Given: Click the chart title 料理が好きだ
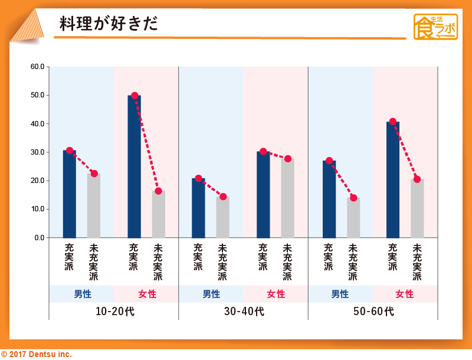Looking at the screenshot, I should point(109,24).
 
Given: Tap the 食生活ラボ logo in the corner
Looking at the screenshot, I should point(435,27).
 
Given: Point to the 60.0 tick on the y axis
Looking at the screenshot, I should point(38,67).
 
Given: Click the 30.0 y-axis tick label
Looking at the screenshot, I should point(38,152).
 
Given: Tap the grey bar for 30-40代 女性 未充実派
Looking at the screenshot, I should point(287,198).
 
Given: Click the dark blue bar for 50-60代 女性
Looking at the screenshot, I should point(393,179).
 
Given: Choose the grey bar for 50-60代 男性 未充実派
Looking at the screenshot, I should point(353,217).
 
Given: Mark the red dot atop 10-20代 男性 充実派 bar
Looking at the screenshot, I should point(70,150).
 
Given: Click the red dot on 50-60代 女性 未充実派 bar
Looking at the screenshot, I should point(417,179).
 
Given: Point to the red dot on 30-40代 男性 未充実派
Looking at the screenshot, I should point(223,197).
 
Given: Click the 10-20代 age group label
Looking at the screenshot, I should point(114,311).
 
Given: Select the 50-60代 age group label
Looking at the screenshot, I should point(373,311).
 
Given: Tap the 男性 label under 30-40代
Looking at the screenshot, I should point(211,294).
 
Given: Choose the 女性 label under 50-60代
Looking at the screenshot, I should point(405,294).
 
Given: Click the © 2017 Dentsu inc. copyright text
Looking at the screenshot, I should point(37,354).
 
